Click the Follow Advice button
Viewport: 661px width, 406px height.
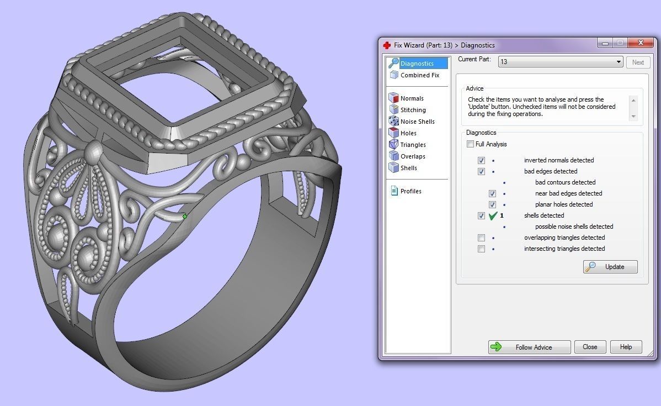coord(529,347)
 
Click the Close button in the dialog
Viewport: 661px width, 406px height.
coord(590,347)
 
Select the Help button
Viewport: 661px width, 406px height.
coord(626,347)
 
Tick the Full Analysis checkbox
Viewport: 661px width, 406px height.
coord(470,144)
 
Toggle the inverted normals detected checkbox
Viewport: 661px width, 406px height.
coord(481,160)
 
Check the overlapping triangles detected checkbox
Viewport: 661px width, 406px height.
coord(481,238)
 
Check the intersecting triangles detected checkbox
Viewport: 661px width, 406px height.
coord(481,249)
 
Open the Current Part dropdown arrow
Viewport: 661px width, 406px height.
coord(619,62)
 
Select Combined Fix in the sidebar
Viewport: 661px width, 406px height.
coord(419,75)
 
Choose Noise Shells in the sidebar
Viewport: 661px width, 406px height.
coord(417,122)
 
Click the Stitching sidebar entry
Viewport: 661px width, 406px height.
coord(413,110)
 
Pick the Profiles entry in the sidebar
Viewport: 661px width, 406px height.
coord(411,191)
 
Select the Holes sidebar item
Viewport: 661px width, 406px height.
coord(408,133)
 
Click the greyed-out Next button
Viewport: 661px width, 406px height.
coord(638,62)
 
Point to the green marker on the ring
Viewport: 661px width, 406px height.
coord(185,217)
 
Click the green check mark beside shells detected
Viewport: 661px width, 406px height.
coord(493,215)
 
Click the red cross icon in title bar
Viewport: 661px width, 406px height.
coord(387,45)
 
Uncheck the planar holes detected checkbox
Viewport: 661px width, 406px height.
coord(492,204)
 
